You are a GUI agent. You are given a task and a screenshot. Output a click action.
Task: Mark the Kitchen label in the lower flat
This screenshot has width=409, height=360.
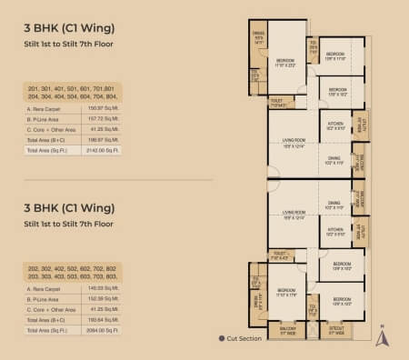point(334,231)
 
